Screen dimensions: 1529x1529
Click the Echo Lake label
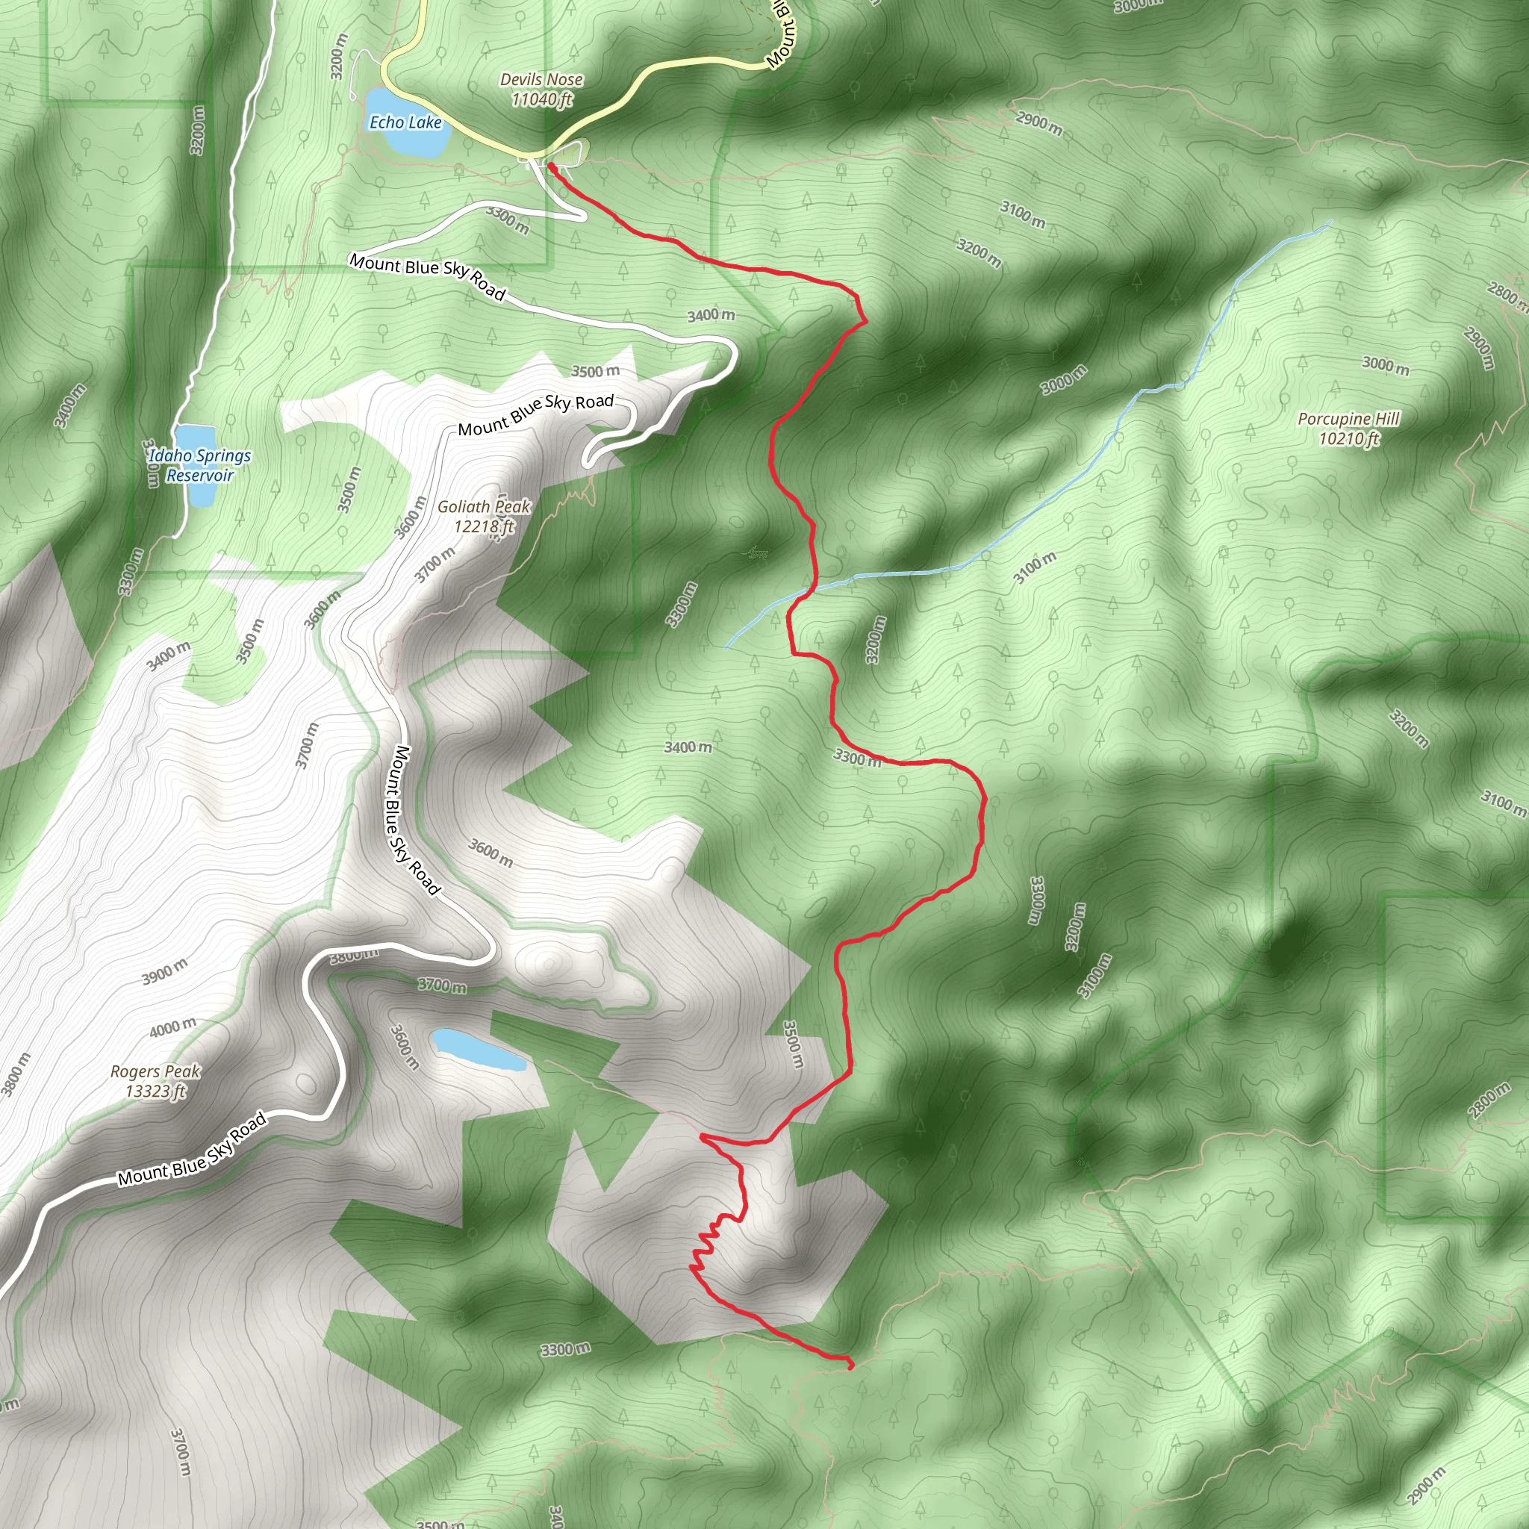tap(405, 122)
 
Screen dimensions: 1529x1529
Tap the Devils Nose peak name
tap(541, 79)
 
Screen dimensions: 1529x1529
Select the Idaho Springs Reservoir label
tap(199, 465)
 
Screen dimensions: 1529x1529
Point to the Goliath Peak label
tap(485, 506)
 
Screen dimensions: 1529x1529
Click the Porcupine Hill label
tap(1348, 419)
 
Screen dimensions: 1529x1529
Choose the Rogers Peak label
tap(155, 1071)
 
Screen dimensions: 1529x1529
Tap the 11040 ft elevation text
tap(541, 100)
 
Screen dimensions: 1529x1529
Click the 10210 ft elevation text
tap(1348, 438)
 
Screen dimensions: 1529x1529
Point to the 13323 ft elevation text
tap(155, 1092)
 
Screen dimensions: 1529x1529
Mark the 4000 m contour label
tap(172, 1027)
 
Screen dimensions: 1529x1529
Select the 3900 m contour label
tap(164, 972)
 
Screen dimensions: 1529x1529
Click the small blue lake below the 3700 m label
tap(477, 1050)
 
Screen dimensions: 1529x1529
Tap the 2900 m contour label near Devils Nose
tap(1039, 122)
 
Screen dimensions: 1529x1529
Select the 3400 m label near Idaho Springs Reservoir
tap(69, 405)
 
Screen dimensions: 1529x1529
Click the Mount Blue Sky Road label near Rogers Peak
tap(192, 1151)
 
